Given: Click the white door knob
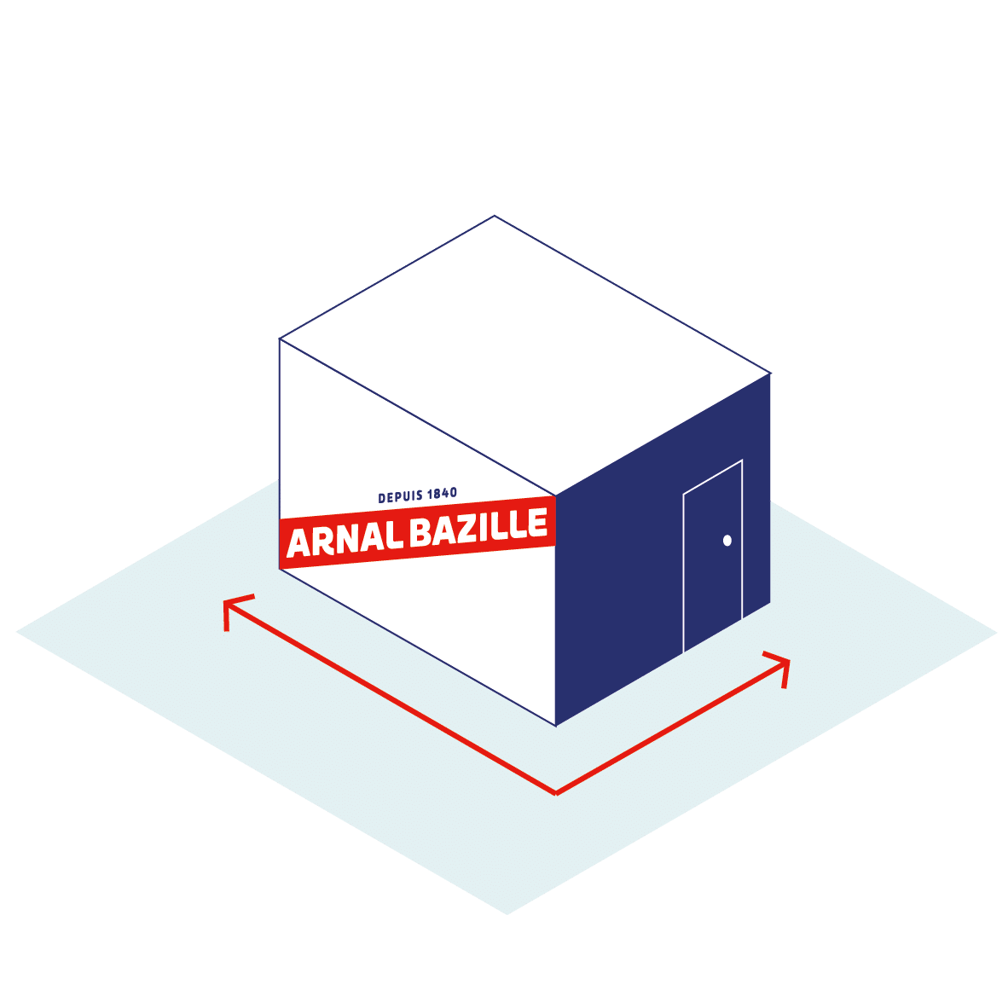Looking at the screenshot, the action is tap(727, 540).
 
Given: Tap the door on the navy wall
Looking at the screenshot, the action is tap(713, 556).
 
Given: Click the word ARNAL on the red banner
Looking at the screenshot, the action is tap(345, 539).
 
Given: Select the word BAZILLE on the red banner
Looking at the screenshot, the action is tap(478, 527).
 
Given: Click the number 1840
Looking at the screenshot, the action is tap(443, 493).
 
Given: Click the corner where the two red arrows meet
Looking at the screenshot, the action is tap(555, 793).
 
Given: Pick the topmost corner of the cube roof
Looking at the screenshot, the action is tap(495, 216).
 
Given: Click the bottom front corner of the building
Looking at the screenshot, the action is tap(555, 726).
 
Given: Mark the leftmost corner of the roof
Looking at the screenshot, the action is tap(280, 339).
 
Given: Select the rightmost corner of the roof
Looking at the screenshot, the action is tap(770, 374).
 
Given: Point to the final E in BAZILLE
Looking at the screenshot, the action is tap(538, 522).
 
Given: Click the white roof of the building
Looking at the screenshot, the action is tap(524, 356).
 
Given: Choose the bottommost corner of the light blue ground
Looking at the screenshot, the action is tap(507, 913).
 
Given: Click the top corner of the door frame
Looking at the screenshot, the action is tap(743, 460).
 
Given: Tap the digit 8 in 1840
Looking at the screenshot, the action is tap(437, 494).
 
